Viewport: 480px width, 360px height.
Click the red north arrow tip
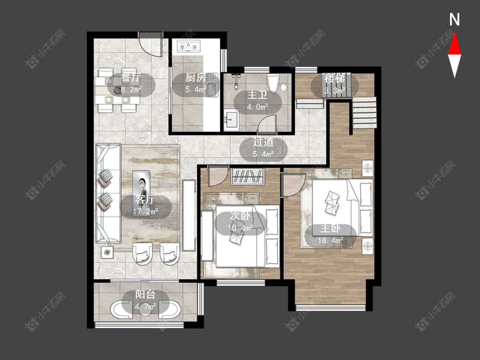(454, 33)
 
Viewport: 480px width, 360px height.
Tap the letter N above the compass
(454, 20)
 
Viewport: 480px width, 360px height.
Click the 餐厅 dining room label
(131, 78)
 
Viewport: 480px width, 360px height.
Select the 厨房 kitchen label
(195, 78)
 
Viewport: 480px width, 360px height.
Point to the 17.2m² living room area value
(145, 212)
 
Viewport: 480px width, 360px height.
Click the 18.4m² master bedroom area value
(330, 240)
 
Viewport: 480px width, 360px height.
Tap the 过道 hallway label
(263, 142)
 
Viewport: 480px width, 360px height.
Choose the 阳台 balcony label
(145, 295)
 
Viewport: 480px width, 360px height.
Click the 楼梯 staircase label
(335, 78)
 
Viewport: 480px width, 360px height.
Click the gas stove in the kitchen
(189, 46)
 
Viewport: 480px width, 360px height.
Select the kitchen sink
(212, 85)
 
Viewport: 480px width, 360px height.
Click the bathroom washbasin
(231, 120)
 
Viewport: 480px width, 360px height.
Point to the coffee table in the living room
(141, 193)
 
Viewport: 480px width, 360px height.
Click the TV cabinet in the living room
(189, 215)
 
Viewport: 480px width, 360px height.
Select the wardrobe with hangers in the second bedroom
(247, 176)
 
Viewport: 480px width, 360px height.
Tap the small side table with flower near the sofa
(107, 252)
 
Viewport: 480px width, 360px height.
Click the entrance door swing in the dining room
(150, 44)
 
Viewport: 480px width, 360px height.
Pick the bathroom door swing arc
(267, 123)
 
